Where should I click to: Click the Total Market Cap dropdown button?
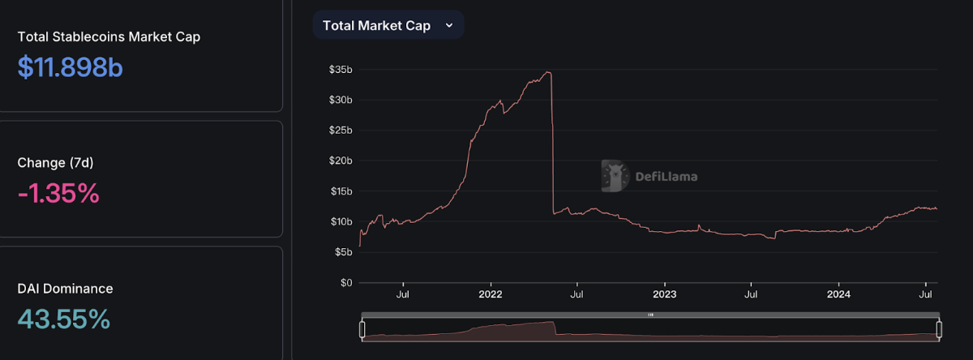[x=388, y=25]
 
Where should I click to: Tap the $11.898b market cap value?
[x=70, y=67]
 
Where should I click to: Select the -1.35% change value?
[x=58, y=193]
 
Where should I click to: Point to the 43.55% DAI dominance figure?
[x=63, y=319]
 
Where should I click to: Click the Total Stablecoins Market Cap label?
[x=109, y=36]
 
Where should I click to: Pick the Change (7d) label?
[x=55, y=163]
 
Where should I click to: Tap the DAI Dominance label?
[x=65, y=289]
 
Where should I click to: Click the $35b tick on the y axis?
[x=340, y=70]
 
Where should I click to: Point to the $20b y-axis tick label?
[x=340, y=161]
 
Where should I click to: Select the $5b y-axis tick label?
[x=342, y=252]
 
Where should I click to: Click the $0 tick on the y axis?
[x=345, y=283]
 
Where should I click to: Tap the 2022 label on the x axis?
[x=491, y=295]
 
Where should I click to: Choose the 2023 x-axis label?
[x=664, y=295]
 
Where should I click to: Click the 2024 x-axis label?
[x=838, y=295]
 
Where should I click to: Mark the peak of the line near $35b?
[x=549, y=73]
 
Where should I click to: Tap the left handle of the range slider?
[x=362, y=329]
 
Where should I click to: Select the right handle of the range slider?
[x=939, y=329]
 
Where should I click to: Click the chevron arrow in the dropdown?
[x=449, y=25]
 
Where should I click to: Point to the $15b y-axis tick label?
[x=340, y=191]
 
